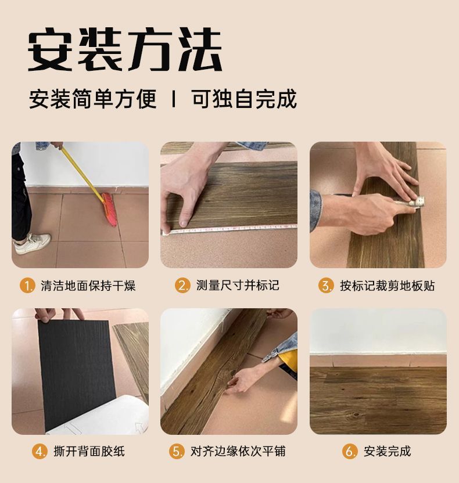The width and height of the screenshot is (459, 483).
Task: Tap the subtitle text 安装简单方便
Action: tap(93, 99)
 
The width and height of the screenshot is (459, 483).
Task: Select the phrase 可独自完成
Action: tap(244, 99)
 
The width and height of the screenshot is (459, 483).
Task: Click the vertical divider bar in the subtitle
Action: tap(173, 99)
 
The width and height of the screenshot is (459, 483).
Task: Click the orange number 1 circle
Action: tap(27, 286)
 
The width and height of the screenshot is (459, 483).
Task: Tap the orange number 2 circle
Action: tap(182, 286)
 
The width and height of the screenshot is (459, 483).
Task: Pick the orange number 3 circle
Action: tap(325, 286)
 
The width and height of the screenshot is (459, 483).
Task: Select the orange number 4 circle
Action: tap(39, 451)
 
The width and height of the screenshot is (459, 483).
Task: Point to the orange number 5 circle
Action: tap(177, 451)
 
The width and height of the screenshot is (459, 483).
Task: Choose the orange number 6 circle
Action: tap(349, 451)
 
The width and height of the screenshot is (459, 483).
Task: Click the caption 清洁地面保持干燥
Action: tap(88, 286)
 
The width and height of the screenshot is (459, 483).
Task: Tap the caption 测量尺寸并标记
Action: tap(238, 286)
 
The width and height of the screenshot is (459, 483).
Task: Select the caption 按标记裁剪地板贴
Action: tap(387, 286)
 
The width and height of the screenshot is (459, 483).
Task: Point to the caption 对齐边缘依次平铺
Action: tap(238, 451)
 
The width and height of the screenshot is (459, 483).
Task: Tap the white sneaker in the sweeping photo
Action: tap(33, 243)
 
